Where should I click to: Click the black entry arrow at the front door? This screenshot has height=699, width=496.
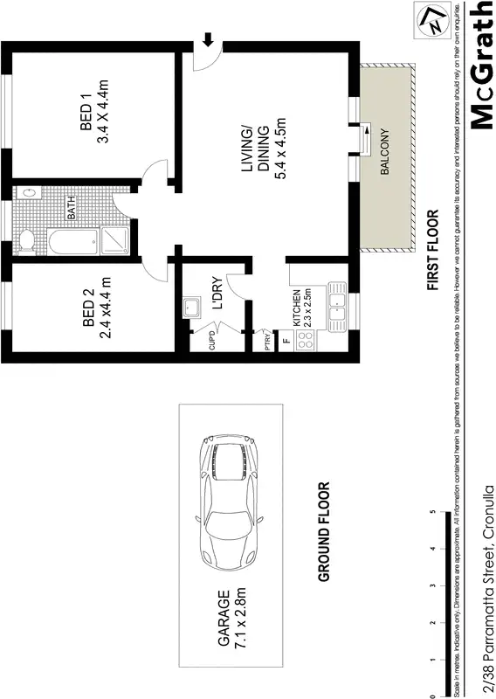pos(209,39)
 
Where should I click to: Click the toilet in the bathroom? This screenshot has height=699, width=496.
pos(26,240)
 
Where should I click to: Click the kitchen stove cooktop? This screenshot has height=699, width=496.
pos(307,342)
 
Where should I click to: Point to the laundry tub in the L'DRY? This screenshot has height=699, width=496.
pos(190,307)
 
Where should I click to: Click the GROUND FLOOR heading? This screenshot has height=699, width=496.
pos(323,533)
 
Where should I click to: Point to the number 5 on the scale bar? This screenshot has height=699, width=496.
pos(434,513)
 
